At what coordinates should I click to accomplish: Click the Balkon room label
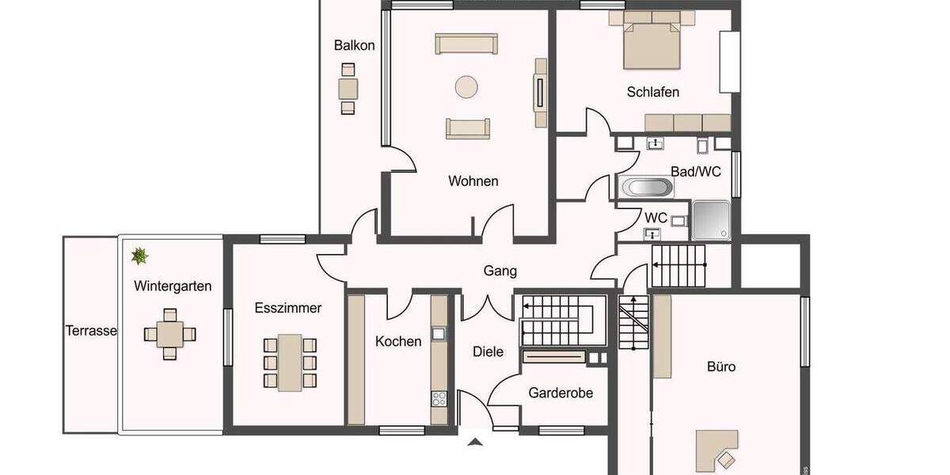[354, 45]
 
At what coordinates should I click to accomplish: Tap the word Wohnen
[473, 181]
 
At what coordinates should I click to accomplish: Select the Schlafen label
[652, 92]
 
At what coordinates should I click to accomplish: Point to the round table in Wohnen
[465, 86]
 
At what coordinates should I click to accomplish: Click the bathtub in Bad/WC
[647, 188]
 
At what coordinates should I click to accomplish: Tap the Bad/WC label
[695, 172]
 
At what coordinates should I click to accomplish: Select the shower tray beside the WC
[712, 220]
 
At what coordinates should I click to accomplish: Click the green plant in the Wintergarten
[140, 256]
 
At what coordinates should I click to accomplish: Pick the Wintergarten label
[173, 286]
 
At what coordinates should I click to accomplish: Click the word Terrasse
[91, 331]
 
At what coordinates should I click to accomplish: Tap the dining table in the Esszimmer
[290, 362]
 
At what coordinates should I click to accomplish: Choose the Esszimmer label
[288, 308]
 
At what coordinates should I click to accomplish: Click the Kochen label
[398, 341]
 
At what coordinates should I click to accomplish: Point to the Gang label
[500, 271]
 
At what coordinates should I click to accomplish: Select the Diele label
[488, 351]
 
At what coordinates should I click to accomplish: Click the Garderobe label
[560, 393]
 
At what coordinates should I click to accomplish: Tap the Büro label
[721, 367]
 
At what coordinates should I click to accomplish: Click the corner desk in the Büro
[717, 448]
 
